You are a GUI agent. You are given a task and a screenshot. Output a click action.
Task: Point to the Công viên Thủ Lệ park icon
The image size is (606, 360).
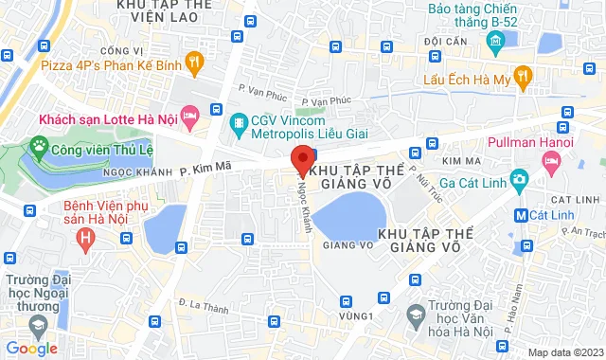coord(39,146)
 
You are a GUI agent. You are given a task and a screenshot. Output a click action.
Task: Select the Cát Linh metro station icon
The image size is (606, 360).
coord(520,215)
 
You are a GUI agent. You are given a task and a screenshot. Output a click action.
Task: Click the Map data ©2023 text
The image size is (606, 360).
coord(564,352)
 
